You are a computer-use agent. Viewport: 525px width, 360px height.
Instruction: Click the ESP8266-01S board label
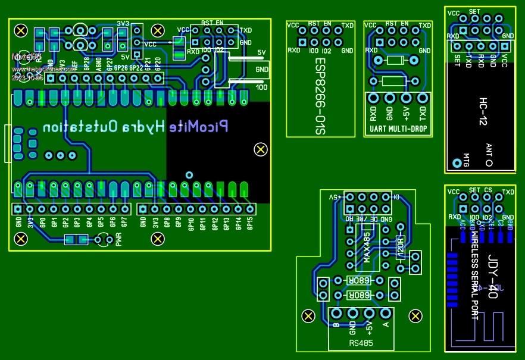tap(321, 95)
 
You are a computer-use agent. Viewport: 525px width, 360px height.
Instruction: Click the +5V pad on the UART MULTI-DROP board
tap(406, 98)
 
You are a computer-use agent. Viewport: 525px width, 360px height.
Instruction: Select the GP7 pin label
tap(124, 223)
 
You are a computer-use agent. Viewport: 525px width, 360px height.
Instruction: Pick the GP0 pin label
tap(42, 223)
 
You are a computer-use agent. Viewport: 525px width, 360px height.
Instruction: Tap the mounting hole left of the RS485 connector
tap(308, 316)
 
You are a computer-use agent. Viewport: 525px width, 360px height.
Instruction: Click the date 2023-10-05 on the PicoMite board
tap(27, 77)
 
